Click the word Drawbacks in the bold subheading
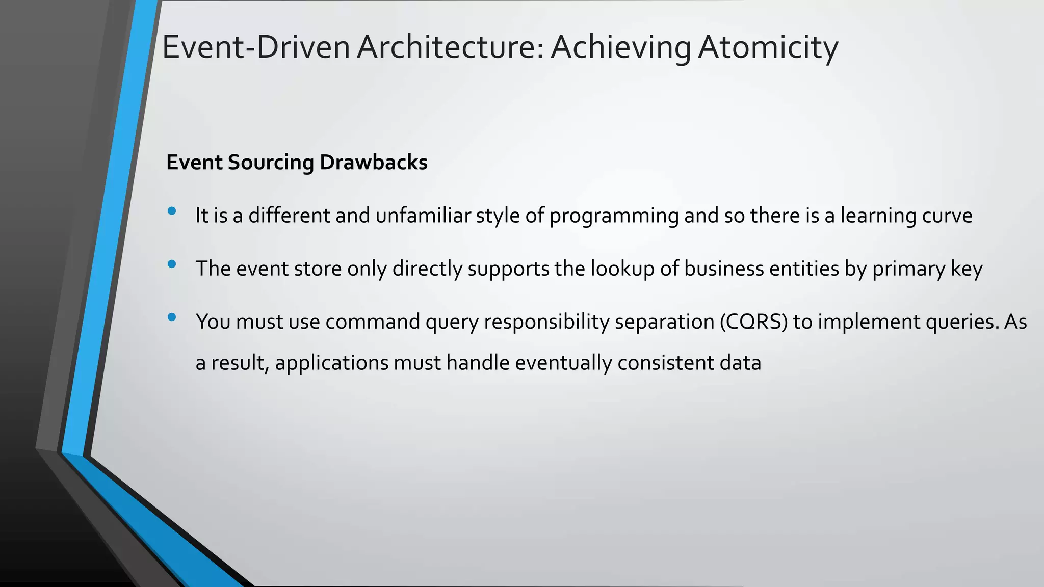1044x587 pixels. [373, 162]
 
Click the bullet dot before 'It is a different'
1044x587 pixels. [172, 211]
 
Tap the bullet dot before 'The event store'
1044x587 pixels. [172, 264]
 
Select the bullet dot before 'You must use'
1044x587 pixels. [172, 317]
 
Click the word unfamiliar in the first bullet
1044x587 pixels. [423, 216]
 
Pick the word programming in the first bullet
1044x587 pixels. [614, 216]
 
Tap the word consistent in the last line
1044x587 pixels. [665, 363]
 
